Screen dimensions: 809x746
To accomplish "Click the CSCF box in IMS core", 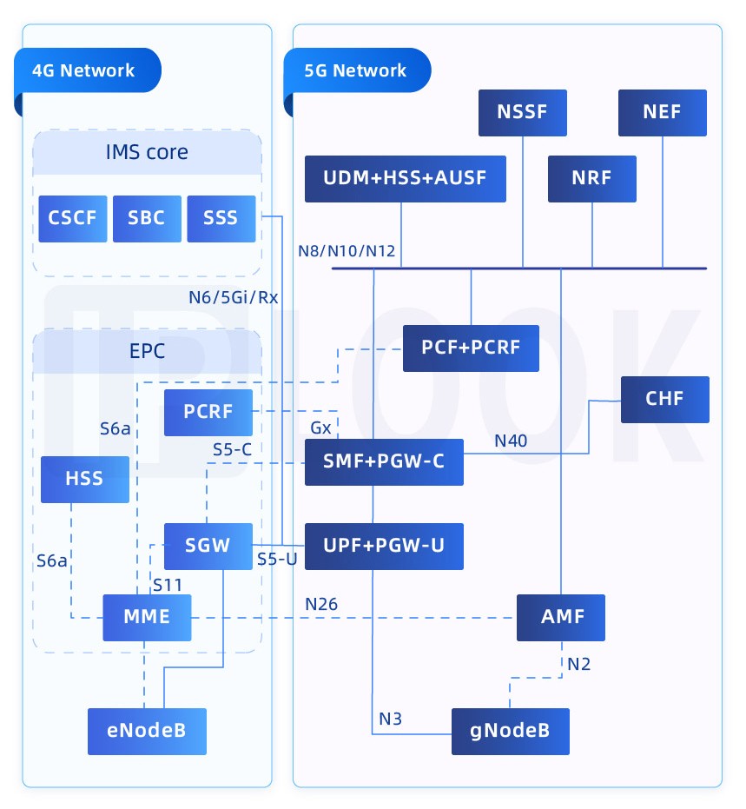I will pos(73,218).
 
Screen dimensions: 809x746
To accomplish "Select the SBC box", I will pos(147,218).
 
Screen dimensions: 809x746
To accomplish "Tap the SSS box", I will pos(221,218).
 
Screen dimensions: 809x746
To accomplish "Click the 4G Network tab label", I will pos(84,71).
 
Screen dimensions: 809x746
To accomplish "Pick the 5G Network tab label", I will pos(356,71).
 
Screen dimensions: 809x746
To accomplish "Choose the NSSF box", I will pos(523,112).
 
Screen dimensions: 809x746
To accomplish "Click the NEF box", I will pos(663,112).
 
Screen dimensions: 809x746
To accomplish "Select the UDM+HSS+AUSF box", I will pos(405,179).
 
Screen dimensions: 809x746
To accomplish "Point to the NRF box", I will pos(592,179).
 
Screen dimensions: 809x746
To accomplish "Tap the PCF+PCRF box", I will pos(471,348).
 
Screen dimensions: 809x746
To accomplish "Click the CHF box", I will pos(665,400).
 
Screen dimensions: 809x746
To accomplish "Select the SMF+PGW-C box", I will pos(384,462).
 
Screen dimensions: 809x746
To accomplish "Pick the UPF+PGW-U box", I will pos(384,547).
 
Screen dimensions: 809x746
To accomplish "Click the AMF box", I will pos(560,617).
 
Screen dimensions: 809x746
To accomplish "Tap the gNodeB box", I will pos(511,731).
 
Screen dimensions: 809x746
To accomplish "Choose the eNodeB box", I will pos(147,731).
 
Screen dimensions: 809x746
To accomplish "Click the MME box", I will pos(147,617).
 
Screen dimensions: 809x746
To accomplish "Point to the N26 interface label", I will pos(321,604).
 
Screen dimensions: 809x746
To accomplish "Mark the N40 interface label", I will pos(511,441).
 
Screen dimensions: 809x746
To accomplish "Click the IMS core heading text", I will pos(147,153).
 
